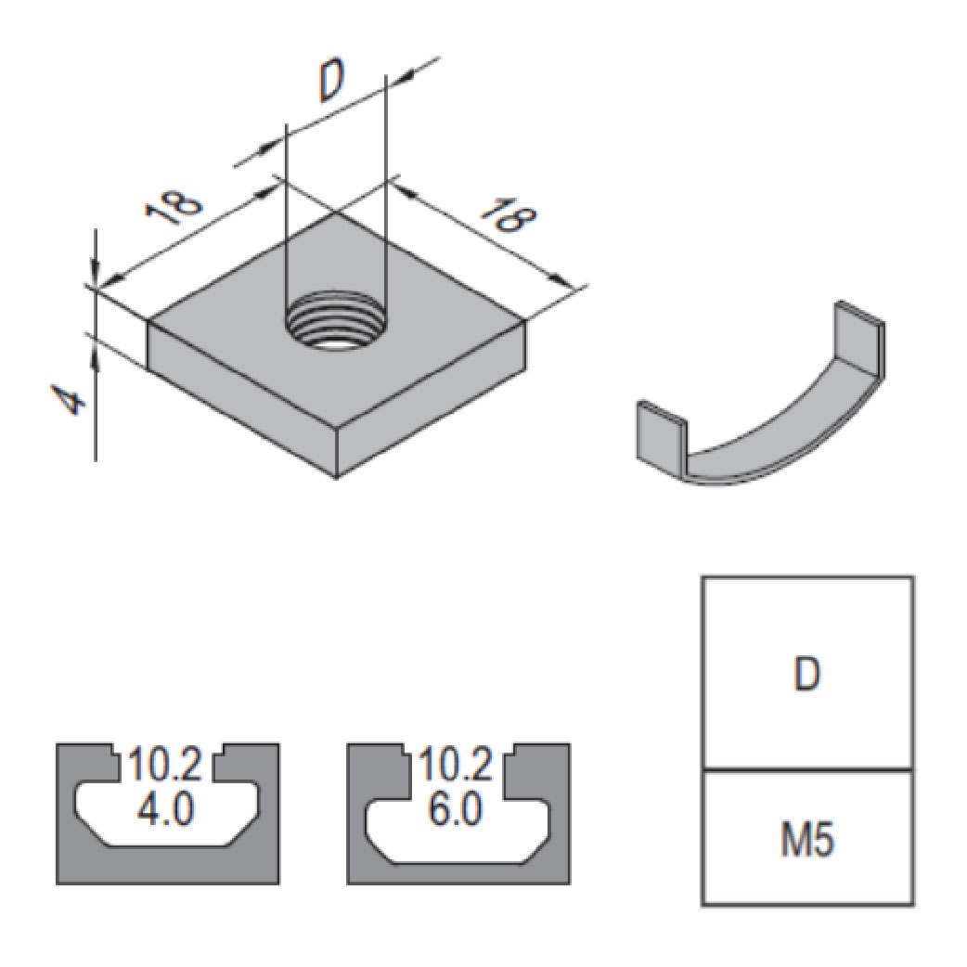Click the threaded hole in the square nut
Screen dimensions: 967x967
tap(335, 325)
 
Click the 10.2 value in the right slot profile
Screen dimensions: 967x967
tap(457, 767)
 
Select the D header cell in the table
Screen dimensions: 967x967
tap(807, 675)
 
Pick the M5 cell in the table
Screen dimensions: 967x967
tap(807, 840)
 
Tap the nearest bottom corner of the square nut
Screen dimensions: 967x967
tap(337, 479)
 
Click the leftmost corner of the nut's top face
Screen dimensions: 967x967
tap(148, 321)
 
